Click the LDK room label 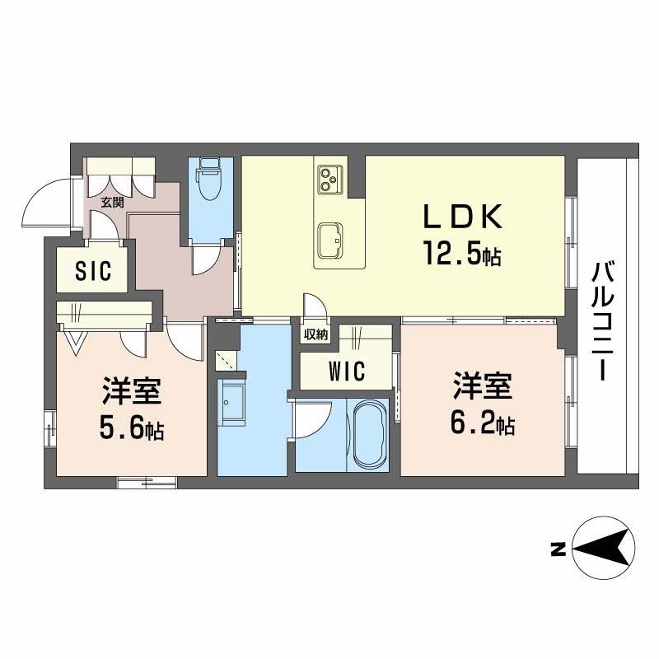[x=462, y=216]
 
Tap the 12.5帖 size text [x=462, y=253]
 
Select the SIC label [x=93, y=270]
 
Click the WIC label [x=347, y=372]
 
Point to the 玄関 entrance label [x=113, y=202]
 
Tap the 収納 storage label [x=316, y=335]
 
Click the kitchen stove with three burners [x=330, y=180]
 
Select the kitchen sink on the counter [x=330, y=240]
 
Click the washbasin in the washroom [x=231, y=403]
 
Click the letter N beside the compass [x=558, y=549]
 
